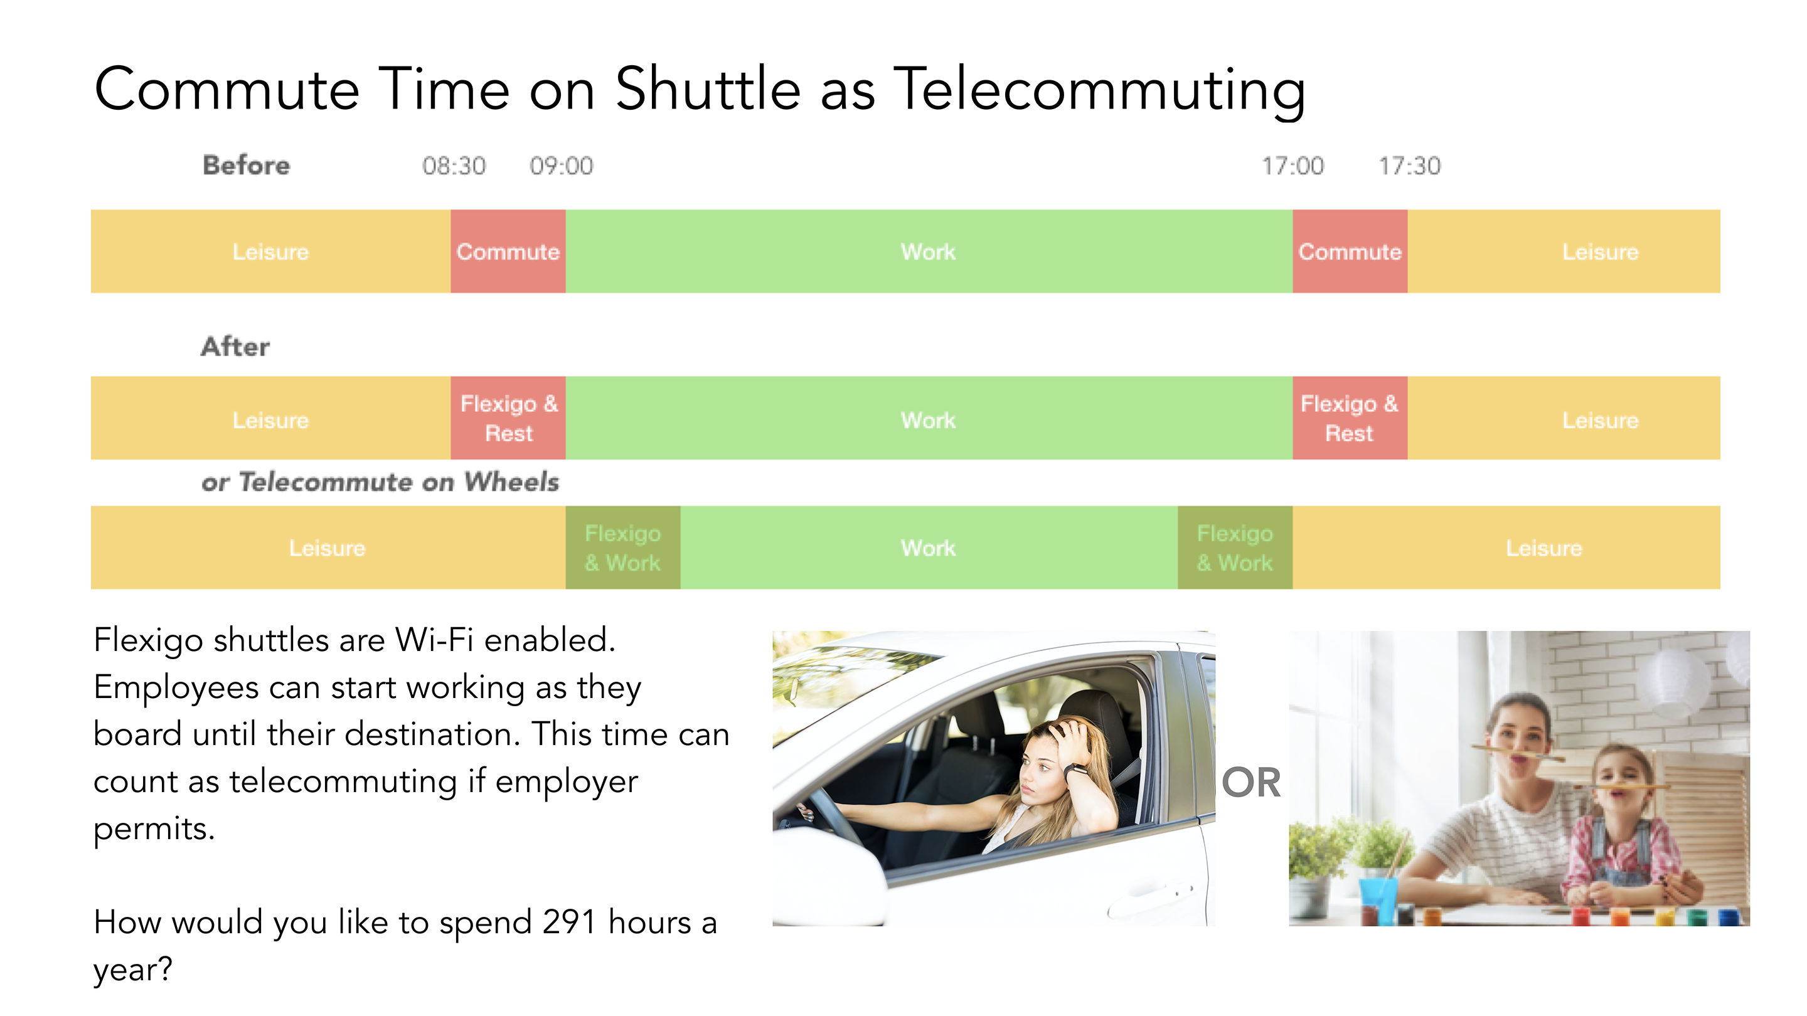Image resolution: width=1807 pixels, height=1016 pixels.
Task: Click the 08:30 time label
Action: [454, 166]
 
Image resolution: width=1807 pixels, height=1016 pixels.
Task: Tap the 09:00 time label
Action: [561, 166]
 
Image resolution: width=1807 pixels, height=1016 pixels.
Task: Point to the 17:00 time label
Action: [1292, 166]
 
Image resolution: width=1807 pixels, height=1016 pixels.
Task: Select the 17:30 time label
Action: [1409, 166]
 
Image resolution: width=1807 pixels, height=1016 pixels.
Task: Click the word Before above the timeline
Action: [246, 166]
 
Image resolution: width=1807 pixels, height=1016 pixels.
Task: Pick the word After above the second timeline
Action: [235, 346]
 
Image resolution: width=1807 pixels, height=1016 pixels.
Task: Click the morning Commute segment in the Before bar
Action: [508, 251]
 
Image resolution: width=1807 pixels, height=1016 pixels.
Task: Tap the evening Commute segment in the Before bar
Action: [1350, 251]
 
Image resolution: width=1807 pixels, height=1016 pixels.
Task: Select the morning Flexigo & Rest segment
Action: [508, 418]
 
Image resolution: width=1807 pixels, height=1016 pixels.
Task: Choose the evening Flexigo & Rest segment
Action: [1350, 418]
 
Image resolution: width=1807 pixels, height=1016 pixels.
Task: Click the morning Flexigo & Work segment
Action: [623, 548]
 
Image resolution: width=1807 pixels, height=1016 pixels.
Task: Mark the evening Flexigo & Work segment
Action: [1235, 548]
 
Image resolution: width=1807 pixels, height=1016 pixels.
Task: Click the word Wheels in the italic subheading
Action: [511, 482]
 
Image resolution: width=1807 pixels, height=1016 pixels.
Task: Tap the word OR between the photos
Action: [1252, 783]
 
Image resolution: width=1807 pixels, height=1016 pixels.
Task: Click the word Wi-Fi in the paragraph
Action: [434, 640]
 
